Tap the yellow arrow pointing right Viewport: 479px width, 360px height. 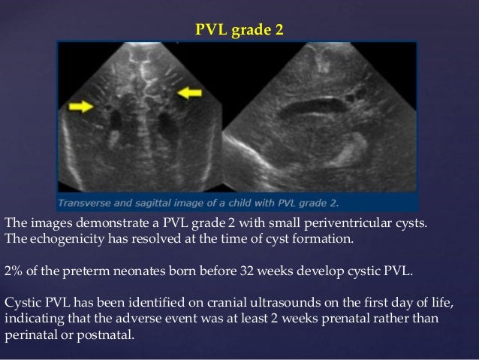(x=81, y=107)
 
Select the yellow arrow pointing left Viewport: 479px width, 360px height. (x=189, y=92)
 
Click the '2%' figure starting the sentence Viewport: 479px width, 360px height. (x=13, y=270)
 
